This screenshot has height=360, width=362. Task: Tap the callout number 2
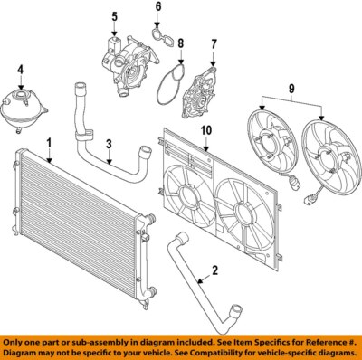[216, 270]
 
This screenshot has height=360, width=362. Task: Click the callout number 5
[115, 17]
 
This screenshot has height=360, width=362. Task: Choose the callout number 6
[157, 9]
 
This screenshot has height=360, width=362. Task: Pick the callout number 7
[214, 43]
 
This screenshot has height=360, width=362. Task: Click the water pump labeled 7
[199, 96]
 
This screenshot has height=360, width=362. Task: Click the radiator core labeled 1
[72, 226]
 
